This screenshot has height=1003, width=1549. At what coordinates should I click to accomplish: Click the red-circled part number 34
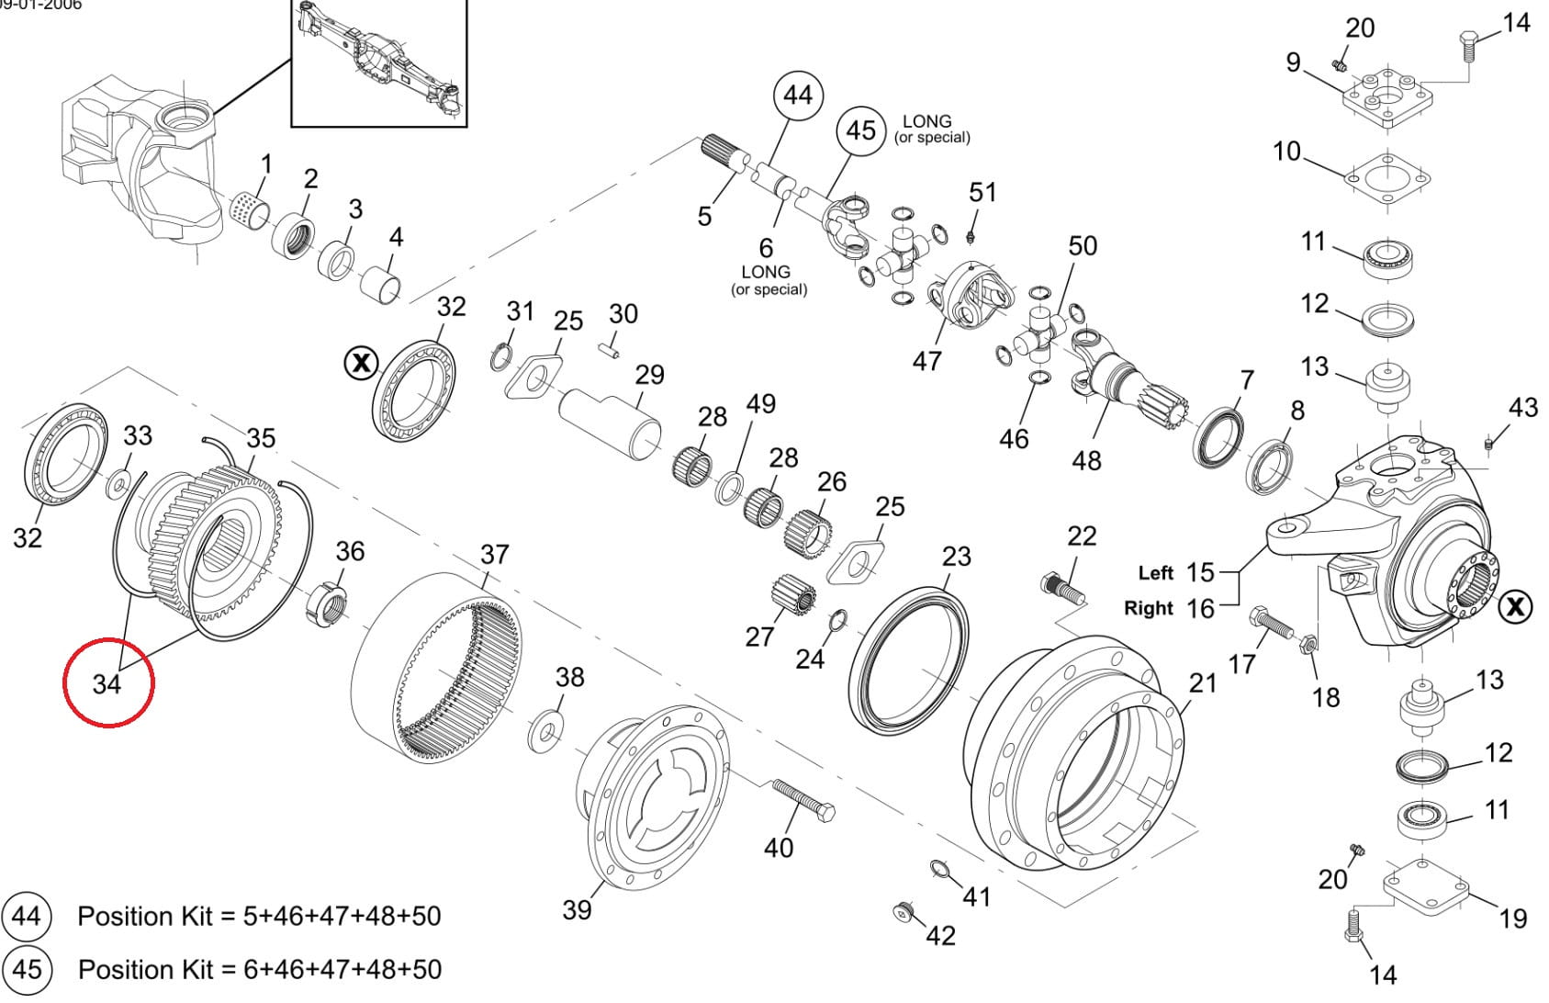107,683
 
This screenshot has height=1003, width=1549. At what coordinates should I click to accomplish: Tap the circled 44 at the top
797,95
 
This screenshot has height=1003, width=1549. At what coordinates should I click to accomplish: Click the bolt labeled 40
803,799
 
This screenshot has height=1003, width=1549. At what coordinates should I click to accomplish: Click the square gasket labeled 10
1388,175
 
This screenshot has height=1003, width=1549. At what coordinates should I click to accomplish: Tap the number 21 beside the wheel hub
1202,682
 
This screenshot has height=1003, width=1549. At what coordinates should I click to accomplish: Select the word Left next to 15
1155,573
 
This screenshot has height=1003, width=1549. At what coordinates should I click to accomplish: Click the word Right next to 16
1148,608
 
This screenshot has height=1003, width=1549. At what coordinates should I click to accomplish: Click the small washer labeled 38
548,731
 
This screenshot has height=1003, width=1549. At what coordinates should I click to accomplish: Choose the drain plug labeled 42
904,911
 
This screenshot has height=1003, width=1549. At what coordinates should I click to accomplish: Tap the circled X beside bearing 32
361,363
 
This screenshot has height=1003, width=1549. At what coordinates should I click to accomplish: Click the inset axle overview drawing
378,62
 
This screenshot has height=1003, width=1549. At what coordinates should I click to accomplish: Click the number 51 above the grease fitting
982,192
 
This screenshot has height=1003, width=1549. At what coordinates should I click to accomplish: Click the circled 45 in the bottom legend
27,969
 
